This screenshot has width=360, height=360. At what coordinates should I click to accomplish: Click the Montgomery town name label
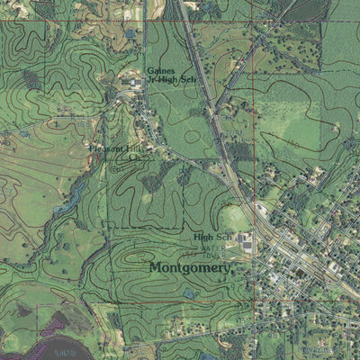pos(191,267)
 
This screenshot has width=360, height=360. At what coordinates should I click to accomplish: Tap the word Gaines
pos(160,70)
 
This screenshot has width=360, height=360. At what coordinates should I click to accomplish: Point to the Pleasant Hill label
pos(116,148)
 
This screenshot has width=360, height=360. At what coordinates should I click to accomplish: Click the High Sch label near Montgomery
pos(212,237)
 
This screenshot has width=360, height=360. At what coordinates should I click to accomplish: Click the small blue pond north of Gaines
pos(131,33)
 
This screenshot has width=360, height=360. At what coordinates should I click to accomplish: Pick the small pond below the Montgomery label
pos(190,292)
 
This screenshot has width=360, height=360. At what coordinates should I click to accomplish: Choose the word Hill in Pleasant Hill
pos(135,148)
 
